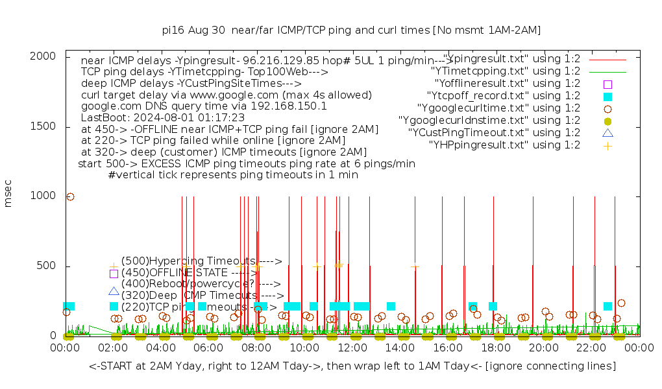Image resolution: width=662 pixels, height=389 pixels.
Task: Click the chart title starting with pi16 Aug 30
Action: (x=351, y=30)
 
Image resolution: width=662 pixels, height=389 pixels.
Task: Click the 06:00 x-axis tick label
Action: (x=209, y=348)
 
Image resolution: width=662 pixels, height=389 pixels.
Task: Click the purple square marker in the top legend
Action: (x=607, y=84)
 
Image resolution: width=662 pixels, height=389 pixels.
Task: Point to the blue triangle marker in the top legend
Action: (x=607, y=133)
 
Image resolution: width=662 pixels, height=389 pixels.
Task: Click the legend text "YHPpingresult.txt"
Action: (x=504, y=145)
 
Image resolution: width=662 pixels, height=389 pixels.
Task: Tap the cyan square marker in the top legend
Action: (x=607, y=96)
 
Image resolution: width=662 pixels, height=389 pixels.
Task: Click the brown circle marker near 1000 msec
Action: (x=70, y=196)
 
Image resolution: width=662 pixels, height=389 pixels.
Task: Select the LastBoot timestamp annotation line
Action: (x=163, y=117)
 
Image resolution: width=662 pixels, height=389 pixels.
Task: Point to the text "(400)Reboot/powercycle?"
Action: (x=180, y=284)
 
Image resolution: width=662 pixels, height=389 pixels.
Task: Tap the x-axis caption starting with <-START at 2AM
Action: (x=352, y=366)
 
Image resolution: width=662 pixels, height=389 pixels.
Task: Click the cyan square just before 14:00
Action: (x=391, y=306)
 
